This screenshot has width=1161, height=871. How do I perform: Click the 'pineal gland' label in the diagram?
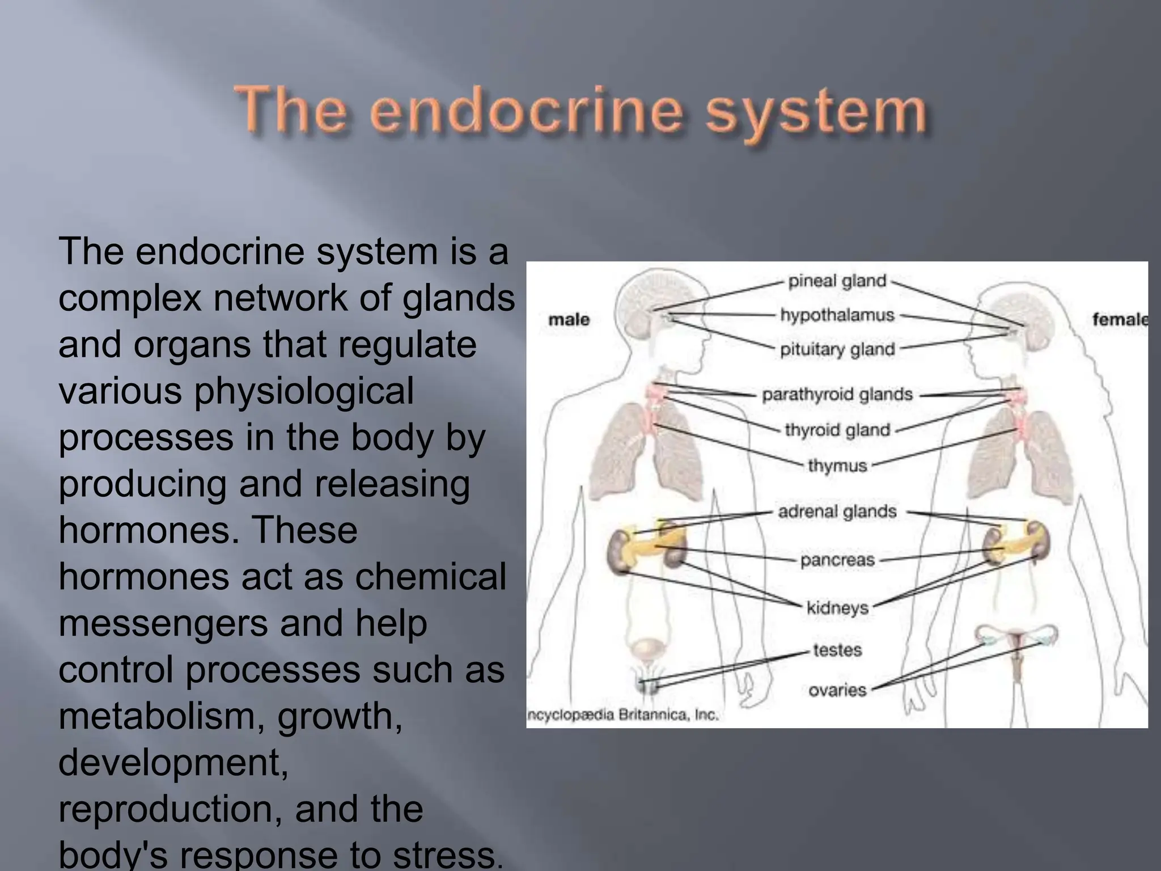tap(837, 281)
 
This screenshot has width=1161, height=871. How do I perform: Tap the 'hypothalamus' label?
tap(837, 315)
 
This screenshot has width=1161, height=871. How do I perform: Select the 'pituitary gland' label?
tap(837, 349)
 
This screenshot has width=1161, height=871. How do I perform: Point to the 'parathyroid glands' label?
tap(837, 394)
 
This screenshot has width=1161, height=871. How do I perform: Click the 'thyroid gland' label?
tap(837, 430)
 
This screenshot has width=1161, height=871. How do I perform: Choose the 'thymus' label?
tap(837, 466)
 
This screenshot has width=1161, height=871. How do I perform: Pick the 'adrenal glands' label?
tap(837, 511)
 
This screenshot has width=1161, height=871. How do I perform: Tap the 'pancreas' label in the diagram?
tap(837, 560)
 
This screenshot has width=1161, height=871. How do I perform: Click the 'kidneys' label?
tap(837, 608)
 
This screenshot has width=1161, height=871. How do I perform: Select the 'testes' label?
tap(837, 650)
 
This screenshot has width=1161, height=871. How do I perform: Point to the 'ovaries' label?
tap(837, 690)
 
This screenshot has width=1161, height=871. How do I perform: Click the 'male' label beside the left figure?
tap(569, 320)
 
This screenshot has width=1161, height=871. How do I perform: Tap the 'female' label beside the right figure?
tap(1120, 320)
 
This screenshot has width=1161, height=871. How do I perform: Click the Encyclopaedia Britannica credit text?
tap(623, 715)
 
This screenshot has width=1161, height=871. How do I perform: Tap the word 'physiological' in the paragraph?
tap(303, 391)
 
